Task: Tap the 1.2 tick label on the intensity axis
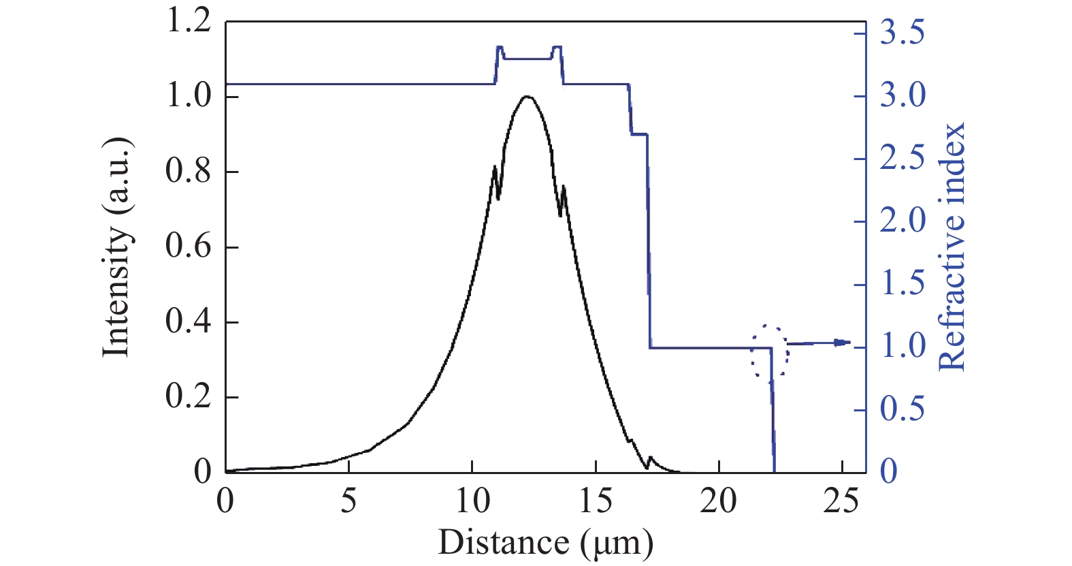pos(189,21)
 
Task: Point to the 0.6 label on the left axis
pos(189,247)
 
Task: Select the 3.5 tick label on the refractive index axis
pos(903,33)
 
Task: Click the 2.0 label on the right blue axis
pos(903,221)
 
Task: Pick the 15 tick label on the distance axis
pos(596,502)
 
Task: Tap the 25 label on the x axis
pos(842,502)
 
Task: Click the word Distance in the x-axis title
pos(504,543)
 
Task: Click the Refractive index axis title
pos(951,247)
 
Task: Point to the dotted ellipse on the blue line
pos(770,351)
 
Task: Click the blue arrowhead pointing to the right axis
pos(843,343)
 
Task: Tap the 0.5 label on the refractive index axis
pos(903,409)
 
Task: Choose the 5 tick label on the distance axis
pos(348,502)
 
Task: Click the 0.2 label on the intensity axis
pos(189,397)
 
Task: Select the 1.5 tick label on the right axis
pos(903,284)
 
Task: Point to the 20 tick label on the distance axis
pos(719,502)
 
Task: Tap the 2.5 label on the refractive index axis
pos(903,159)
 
